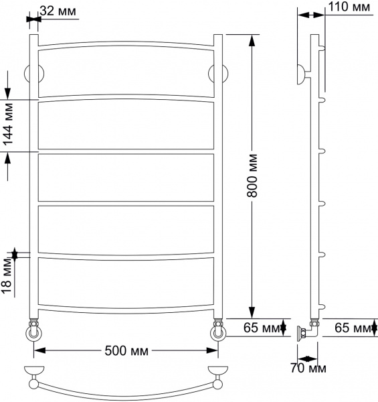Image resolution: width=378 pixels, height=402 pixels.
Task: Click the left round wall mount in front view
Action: pyautogui.click(x=30, y=74)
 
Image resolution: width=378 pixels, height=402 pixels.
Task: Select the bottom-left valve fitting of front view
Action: pyautogui.click(x=32, y=332)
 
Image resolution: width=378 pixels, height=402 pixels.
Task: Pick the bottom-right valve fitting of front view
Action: pyautogui.click(x=218, y=332)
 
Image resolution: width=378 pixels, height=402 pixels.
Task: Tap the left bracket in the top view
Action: pyautogui.click(x=33, y=373)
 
